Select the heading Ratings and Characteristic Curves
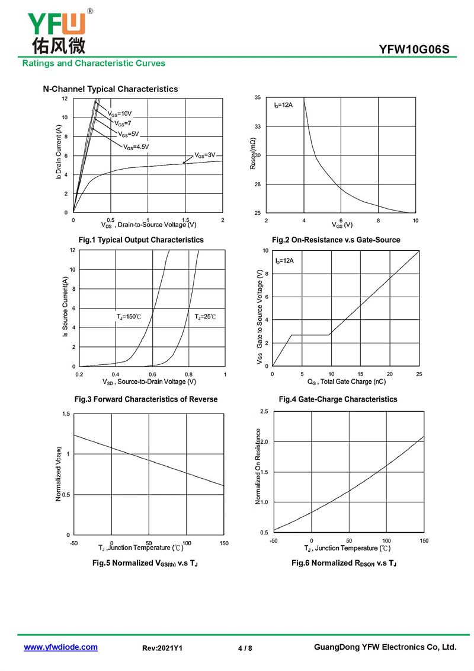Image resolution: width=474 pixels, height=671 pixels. (94, 63)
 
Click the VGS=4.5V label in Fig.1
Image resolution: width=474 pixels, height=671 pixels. (136, 147)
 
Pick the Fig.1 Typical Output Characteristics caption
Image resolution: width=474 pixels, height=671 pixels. (141, 240)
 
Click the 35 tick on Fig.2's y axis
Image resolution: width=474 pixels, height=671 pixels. (258, 97)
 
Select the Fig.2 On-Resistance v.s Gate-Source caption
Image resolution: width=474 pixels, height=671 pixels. (336, 240)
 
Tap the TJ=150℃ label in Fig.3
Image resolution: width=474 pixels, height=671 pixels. (129, 317)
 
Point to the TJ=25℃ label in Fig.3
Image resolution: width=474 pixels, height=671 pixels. (206, 317)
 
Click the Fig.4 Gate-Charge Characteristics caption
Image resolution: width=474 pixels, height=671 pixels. (338, 399)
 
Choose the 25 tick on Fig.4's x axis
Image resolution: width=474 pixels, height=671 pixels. (419, 374)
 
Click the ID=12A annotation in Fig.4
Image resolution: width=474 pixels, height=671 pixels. (284, 260)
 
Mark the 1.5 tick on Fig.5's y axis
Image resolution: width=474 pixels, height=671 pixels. (65, 414)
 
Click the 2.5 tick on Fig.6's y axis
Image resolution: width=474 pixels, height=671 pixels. (264, 411)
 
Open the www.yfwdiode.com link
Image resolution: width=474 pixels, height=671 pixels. (60, 647)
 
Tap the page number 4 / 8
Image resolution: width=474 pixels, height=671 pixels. (245, 648)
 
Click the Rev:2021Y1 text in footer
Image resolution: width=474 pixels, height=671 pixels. (162, 648)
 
